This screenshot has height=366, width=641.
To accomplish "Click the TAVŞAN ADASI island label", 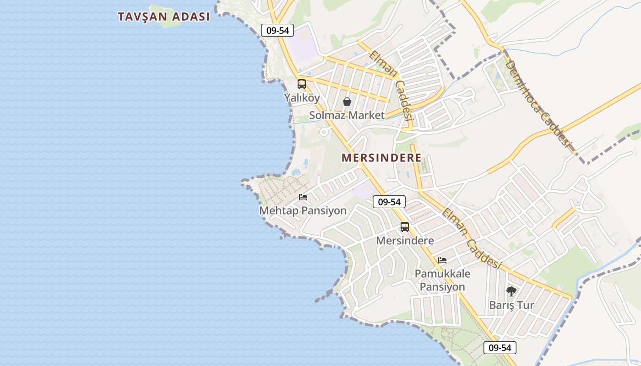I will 163,16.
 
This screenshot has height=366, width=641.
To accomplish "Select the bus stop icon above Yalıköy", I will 301,84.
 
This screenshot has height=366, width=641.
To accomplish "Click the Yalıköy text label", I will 302,97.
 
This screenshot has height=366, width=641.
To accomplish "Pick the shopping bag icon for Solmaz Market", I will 347,102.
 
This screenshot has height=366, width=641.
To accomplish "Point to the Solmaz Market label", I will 347,115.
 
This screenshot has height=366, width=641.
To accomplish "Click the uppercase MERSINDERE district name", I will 381,158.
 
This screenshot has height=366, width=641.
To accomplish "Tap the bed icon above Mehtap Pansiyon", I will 303,197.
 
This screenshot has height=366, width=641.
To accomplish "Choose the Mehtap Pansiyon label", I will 303,210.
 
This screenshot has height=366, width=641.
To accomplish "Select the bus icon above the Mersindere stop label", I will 405,227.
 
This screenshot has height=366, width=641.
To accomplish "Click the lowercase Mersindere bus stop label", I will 405,240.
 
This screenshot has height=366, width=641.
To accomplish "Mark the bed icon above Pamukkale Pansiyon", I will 442,260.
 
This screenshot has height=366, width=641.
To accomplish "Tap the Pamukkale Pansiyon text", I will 442,280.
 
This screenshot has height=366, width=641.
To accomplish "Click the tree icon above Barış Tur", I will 511,291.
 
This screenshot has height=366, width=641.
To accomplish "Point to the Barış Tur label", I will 511,305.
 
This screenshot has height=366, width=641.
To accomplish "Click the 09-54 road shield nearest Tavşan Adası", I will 277,30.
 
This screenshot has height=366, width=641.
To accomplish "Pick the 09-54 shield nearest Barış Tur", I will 500,347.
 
